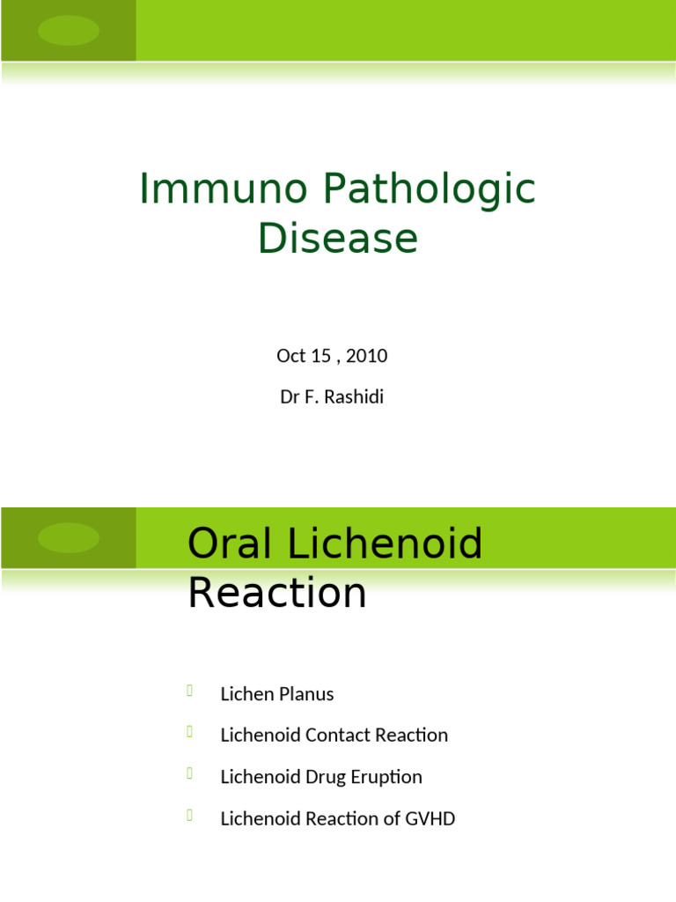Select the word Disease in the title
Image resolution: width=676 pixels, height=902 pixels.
338,238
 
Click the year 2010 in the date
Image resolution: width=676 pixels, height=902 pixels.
367,356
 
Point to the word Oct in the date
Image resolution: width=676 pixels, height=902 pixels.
290,356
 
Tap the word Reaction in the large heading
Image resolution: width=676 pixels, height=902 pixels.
276,593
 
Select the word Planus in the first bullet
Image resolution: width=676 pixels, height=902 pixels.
305,694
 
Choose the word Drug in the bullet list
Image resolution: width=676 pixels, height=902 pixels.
327,777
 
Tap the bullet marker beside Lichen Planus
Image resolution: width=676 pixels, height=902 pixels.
190,691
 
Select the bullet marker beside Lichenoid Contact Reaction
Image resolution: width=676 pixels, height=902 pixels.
190,732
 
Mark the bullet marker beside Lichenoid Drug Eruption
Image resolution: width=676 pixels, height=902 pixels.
190,774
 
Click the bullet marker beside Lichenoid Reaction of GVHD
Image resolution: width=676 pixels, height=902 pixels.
190,816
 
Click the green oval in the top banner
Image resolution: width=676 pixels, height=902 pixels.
69,31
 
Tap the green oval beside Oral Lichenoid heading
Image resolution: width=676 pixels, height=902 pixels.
69,538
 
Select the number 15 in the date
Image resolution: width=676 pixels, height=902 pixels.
323,356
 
